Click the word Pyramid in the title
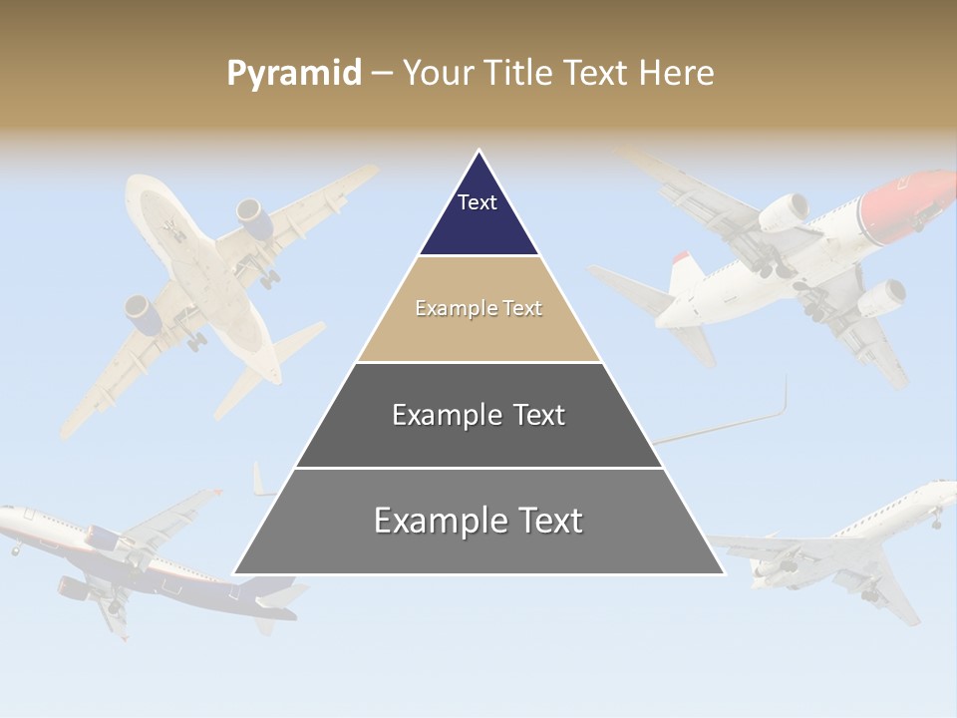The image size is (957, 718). (294, 73)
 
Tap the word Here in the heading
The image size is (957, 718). (676, 73)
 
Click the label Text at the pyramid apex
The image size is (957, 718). (478, 202)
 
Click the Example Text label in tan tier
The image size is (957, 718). (478, 308)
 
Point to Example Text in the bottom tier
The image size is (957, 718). (478, 521)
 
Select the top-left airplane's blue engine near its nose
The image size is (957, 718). (253, 218)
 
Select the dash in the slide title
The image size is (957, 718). (382, 74)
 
